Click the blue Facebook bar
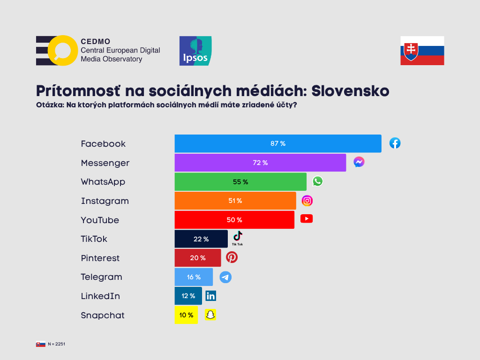pos(277,143)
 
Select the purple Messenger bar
pos(260,163)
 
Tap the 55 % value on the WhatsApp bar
pos(240,182)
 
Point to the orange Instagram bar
pos(235,201)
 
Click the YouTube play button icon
pos(307,219)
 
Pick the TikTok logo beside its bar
pos(238,238)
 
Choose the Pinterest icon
pos(232,257)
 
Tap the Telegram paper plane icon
pos(225,277)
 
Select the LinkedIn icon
pos(211,296)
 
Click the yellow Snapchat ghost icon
pos(211,315)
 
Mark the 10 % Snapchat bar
pos(186,315)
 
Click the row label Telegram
pos(101,277)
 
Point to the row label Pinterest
pos(100,258)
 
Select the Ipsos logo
pos(195,51)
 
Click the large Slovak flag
pos(422,51)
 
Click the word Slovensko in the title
pos(350,90)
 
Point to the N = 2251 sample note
pos(56,344)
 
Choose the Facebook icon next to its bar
pos(395,143)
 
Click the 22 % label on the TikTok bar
pos(201,239)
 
